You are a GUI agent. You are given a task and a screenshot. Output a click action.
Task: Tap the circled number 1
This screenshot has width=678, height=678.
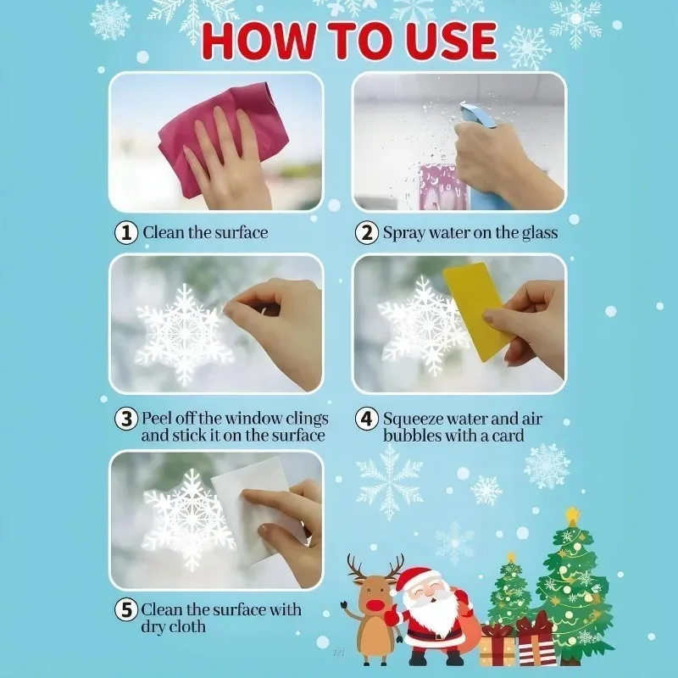(x=126, y=232)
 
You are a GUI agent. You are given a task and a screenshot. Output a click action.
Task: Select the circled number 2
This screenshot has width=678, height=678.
(x=367, y=232)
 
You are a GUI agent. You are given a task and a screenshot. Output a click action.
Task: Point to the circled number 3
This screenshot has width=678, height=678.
(x=126, y=419)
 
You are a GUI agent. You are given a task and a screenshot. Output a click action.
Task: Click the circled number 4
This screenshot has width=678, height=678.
(x=367, y=419)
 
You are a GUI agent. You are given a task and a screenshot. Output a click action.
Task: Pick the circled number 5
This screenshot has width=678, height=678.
(x=126, y=609)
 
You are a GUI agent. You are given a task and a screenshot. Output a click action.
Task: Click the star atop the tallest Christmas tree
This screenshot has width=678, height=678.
(x=574, y=515)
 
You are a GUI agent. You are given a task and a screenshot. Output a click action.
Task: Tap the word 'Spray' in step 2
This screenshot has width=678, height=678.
(x=405, y=232)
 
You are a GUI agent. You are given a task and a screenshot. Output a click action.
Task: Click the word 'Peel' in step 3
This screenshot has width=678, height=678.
(x=158, y=419)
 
